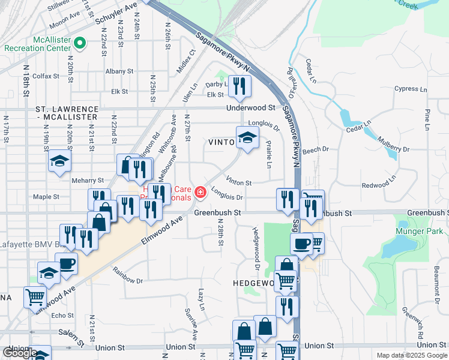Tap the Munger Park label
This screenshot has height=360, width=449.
419,232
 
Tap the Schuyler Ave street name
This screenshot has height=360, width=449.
116,14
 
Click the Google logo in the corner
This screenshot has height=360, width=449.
19,353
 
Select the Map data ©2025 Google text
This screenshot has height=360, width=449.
411,355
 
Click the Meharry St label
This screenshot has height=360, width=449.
88,179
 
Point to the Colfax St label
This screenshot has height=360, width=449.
46,76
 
